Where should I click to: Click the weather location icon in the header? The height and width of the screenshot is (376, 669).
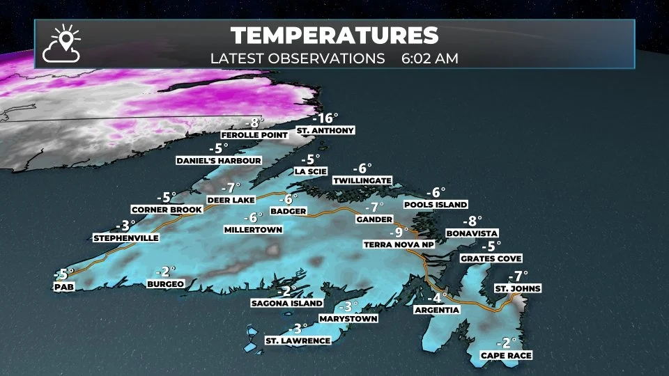[x=61, y=43]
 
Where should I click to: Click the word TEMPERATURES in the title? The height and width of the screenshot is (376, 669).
[x=334, y=36]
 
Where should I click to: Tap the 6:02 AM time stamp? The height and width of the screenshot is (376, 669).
[x=429, y=58]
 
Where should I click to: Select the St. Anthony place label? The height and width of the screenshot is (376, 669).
[x=325, y=130]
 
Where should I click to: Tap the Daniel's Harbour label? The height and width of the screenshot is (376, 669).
[x=218, y=160]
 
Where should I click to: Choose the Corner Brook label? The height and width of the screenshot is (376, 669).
[x=167, y=209]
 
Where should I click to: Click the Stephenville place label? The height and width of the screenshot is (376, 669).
[x=126, y=237]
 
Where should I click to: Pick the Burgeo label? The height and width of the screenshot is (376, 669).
[x=165, y=283]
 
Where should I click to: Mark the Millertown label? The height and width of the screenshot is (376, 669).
[x=252, y=228]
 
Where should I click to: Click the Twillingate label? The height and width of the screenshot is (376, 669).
[x=362, y=180]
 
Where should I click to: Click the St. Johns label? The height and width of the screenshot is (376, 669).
[x=518, y=288]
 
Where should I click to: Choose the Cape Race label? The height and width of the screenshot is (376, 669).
[x=507, y=355]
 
